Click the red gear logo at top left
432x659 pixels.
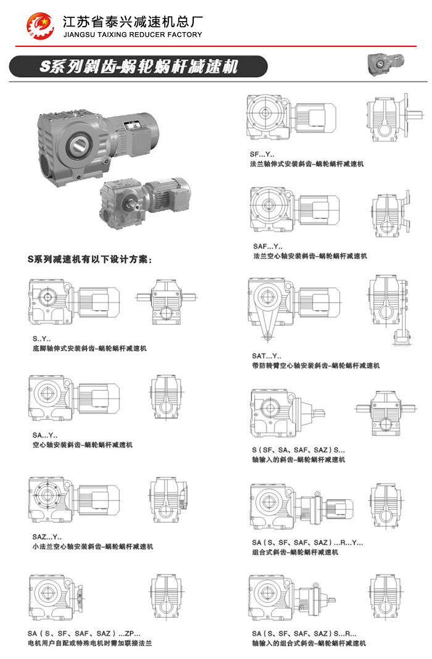pos(40,26)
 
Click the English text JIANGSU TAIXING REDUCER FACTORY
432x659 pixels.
pos(133,35)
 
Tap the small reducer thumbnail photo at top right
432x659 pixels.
pos(385,64)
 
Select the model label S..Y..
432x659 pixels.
pos(41,339)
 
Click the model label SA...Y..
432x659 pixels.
pos(44,436)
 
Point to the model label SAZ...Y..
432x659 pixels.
pos(47,537)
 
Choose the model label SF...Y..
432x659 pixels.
pos(262,154)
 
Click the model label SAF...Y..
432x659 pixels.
pos(268,246)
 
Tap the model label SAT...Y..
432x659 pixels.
pos(267,356)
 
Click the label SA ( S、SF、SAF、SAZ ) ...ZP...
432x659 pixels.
pos(84,633)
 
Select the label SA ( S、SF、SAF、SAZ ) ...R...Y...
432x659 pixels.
pos(307,542)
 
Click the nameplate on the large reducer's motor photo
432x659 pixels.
pos(130,125)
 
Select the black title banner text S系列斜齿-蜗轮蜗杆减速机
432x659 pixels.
pos(139,67)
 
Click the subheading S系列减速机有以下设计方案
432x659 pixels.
pos(89,259)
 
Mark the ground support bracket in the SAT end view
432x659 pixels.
pos(401,338)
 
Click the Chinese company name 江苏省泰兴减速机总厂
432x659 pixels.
pos(133,22)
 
